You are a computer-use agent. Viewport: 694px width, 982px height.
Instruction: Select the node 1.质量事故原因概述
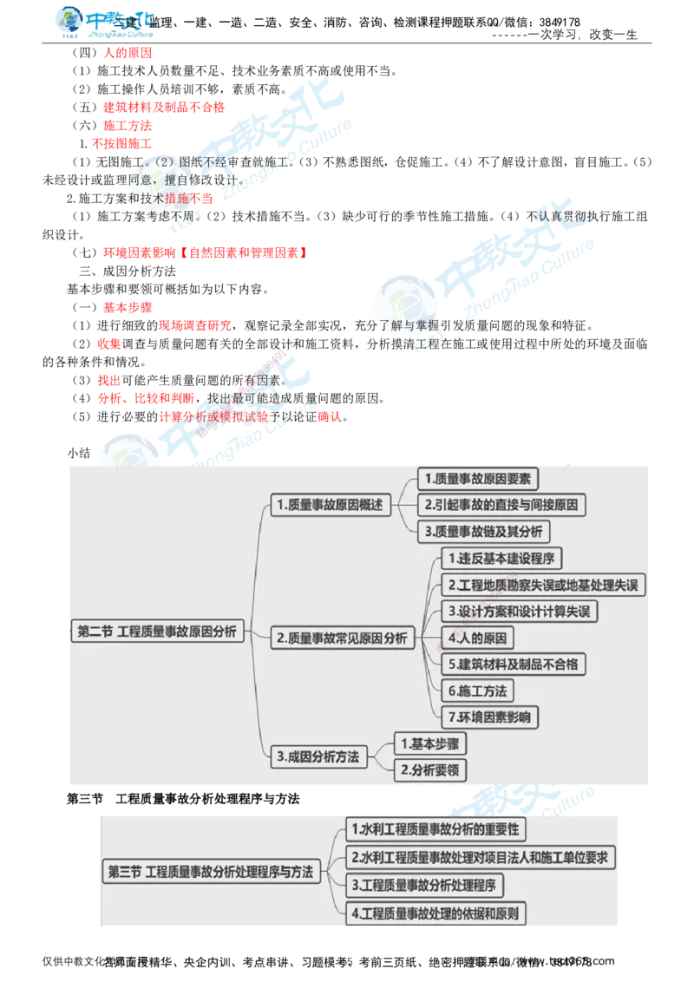[x=329, y=505]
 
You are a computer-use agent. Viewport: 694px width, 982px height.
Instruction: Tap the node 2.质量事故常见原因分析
[x=342, y=638]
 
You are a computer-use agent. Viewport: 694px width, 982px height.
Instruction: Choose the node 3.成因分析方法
[x=318, y=756]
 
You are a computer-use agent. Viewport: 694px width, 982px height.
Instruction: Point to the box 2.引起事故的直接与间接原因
[x=502, y=504]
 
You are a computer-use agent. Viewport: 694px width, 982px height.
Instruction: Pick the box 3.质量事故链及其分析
[x=484, y=531]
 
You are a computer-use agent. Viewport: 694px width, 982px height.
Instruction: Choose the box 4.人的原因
[x=476, y=638]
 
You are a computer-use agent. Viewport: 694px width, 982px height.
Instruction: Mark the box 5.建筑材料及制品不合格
[x=513, y=664]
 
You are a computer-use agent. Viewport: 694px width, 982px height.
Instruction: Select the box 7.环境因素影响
[x=489, y=717]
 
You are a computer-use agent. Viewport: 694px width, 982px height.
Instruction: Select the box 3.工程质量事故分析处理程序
[x=425, y=886]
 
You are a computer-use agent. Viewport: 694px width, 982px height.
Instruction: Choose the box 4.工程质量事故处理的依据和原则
[x=436, y=913]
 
